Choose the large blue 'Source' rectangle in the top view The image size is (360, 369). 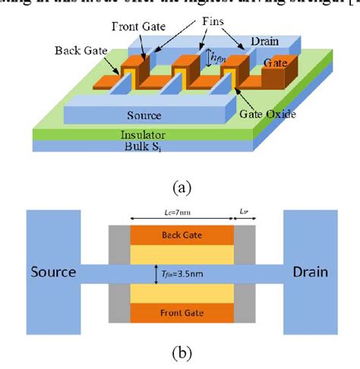pyautogui.click(x=53, y=272)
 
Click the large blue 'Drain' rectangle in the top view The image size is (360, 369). pyautogui.click(x=308, y=272)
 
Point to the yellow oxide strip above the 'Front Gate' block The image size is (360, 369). pyautogui.click(x=181, y=290)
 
